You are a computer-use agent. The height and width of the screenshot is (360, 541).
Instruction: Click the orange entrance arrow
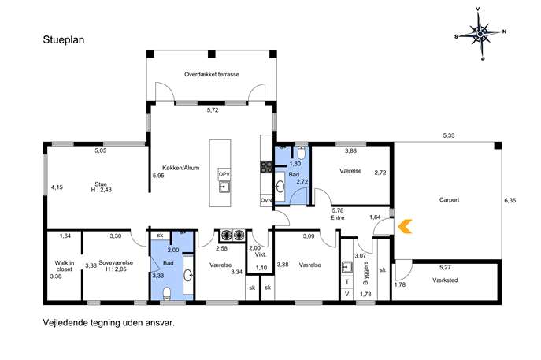pyautogui.click(x=404, y=226)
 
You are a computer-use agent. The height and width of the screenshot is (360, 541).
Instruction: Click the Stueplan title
pyautogui.click(x=64, y=39)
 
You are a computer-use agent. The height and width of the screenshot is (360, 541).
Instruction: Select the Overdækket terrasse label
pyautogui.click(x=212, y=74)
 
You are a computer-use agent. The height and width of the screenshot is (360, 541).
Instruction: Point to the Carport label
pyautogui.click(x=449, y=199)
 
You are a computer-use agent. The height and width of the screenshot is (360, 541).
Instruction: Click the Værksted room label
pyautogui.click(x=445, y=280)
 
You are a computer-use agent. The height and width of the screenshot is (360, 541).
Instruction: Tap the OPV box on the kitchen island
pyautogui.click(x=224, y=174)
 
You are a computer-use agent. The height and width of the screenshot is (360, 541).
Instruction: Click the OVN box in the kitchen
pyautogui.click(x=266, y=200)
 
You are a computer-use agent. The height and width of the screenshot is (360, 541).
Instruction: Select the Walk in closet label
pyautogui.click(x=65, y=265)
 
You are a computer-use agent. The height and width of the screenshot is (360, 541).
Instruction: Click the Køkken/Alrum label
pyautogui.click(x=181, y=168)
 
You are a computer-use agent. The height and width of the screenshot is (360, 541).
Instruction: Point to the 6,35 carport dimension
pyautogui.click(x=510, y=200)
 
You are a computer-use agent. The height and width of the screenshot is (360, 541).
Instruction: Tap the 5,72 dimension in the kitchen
pyautogui.click(x=213, y=110)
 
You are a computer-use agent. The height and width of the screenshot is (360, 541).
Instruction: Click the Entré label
pyautogui.click(x=337, y=217)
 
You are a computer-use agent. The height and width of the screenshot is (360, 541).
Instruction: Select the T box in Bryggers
pyautogui.click(x=347, y=282)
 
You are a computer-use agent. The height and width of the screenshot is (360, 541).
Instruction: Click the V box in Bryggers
pyautogui.click(x=347, y=294)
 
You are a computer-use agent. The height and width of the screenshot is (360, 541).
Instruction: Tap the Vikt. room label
pyautogui.click(x=261, y=255)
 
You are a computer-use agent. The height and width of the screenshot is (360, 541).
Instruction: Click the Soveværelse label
pyautogui.click(x=116, y=262)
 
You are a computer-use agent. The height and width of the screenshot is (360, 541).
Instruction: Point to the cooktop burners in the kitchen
pyautogui.click(x=266, y=167)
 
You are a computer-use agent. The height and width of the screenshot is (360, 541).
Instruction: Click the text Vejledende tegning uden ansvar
pyautogui.click(x=109, y=323)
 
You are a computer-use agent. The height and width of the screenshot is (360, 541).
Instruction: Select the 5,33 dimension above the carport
pyautogui.click(x=449, y=135)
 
